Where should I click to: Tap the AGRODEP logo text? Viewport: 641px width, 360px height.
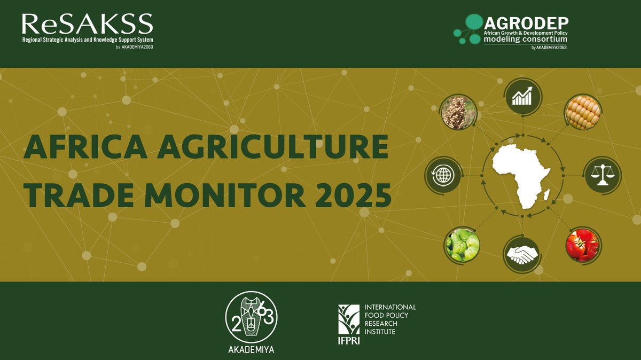coord(526,24)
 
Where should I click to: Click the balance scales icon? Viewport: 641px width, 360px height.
coord(602,175)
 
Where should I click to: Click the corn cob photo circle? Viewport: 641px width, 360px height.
coord(583,112)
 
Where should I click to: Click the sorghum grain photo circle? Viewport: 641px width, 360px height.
coord(458,112)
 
